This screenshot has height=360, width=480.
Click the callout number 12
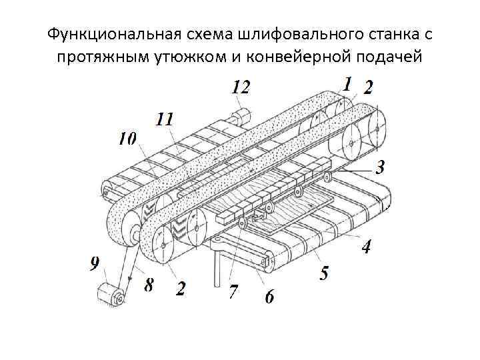coord(241,87)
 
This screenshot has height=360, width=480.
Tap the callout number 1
coord(347,84)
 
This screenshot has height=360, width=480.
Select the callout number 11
coord(165,119)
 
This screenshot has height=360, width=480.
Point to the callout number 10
coord(127,139)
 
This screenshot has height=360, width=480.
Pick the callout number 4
coord(366,247)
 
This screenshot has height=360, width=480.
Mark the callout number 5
coord(323,273)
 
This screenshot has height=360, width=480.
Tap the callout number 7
coord(233,291)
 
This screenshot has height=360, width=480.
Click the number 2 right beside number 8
coord(181,288)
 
